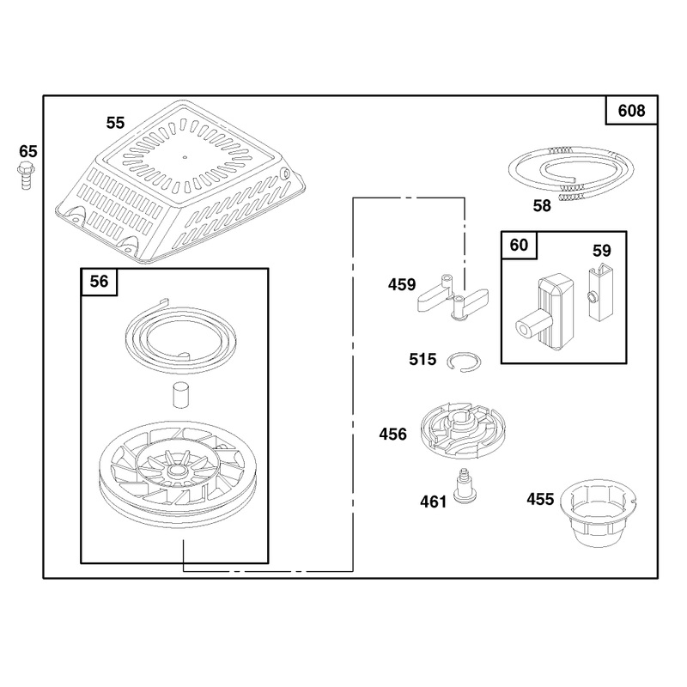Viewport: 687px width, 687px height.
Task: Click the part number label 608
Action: (x=631, y=111)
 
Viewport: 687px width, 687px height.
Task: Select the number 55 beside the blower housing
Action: (x=115, y=123)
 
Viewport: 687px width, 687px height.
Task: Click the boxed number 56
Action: (x=99, y=282)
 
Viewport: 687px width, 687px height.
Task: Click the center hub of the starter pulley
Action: (x=177, y=471)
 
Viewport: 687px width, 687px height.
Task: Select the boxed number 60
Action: (x=519, y=245)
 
